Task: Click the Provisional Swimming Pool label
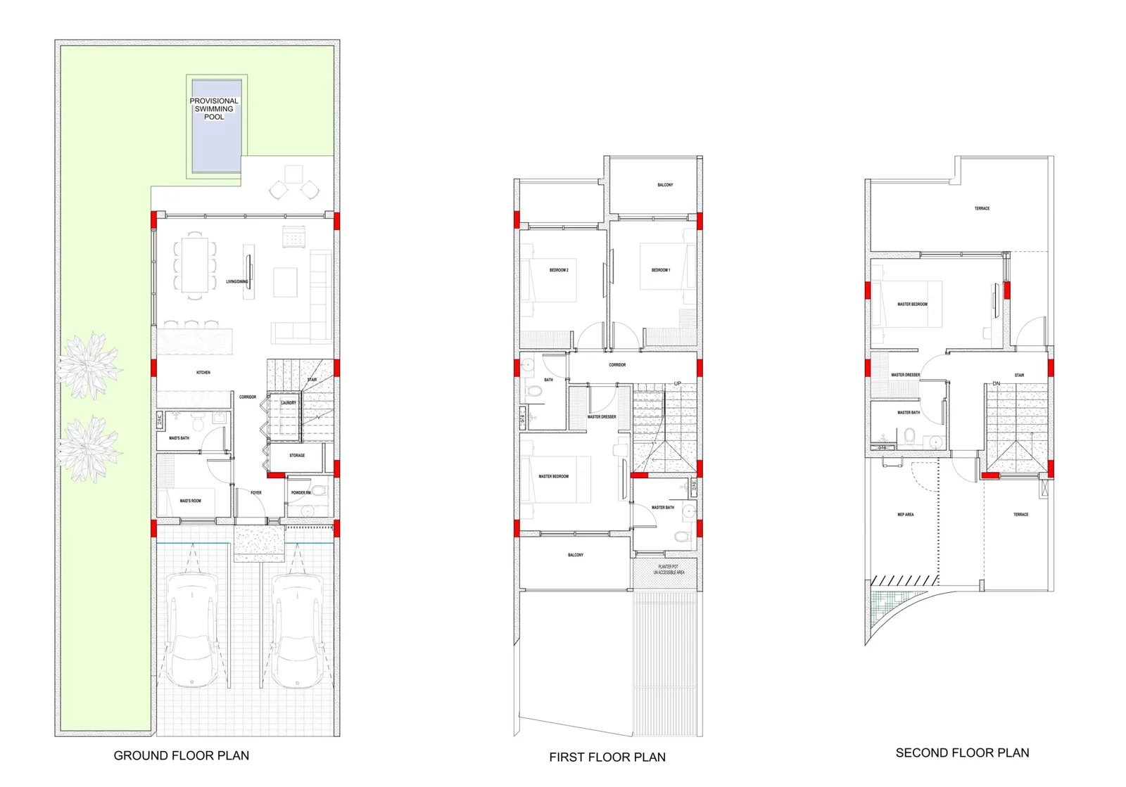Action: (214, 109)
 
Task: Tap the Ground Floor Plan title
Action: (182, 755)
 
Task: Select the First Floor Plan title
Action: (607, 757)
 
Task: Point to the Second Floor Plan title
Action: (962, 753)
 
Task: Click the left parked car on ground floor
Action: (191, 629)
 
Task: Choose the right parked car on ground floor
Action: (297, 630)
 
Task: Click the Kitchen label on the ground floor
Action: (203, 372)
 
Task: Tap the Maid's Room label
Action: (190, 501)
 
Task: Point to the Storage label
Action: (297, 455)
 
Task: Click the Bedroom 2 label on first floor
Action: (559, 270)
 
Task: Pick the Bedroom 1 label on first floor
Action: (661, 270)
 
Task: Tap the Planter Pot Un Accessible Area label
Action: (669, 570)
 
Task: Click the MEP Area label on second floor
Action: (906, 514)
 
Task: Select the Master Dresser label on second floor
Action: (906, 375)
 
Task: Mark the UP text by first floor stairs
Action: (678, 383)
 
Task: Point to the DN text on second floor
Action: (996, 383)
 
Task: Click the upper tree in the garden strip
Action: (89, 364)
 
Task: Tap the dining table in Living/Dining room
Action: (195, 265)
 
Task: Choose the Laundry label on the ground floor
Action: (289, 403)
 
